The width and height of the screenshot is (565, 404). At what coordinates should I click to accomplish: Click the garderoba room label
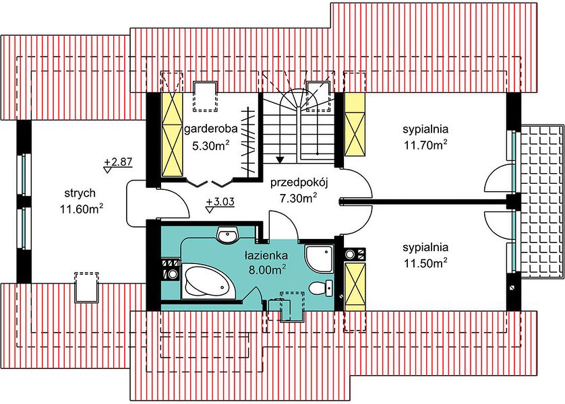(x=210, y=129)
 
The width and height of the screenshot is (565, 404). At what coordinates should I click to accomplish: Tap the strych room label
(x=80, y=193)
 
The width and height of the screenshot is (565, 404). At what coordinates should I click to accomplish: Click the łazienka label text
(x=266, y=256)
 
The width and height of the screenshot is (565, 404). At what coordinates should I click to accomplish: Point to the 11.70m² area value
(x=425, y=145)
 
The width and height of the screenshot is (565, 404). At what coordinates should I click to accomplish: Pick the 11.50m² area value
(x=425, y=263)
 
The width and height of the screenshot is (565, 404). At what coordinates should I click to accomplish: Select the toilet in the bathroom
(x=322, y=288)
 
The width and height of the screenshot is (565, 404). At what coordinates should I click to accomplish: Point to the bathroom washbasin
(x=228, y=236)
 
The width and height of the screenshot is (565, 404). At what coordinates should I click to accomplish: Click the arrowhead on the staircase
(x=280, y=160)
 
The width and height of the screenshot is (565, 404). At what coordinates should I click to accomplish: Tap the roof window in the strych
(x=86, y=288)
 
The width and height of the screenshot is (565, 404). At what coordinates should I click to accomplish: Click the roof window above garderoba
(x=206, y=96)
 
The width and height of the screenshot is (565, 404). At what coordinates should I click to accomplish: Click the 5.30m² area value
(x=211, y=145)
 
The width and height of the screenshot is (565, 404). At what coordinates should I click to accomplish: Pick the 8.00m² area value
(x=267, y=270)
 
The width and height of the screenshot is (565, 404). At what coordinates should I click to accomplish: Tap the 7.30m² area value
(x=299, y=197)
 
